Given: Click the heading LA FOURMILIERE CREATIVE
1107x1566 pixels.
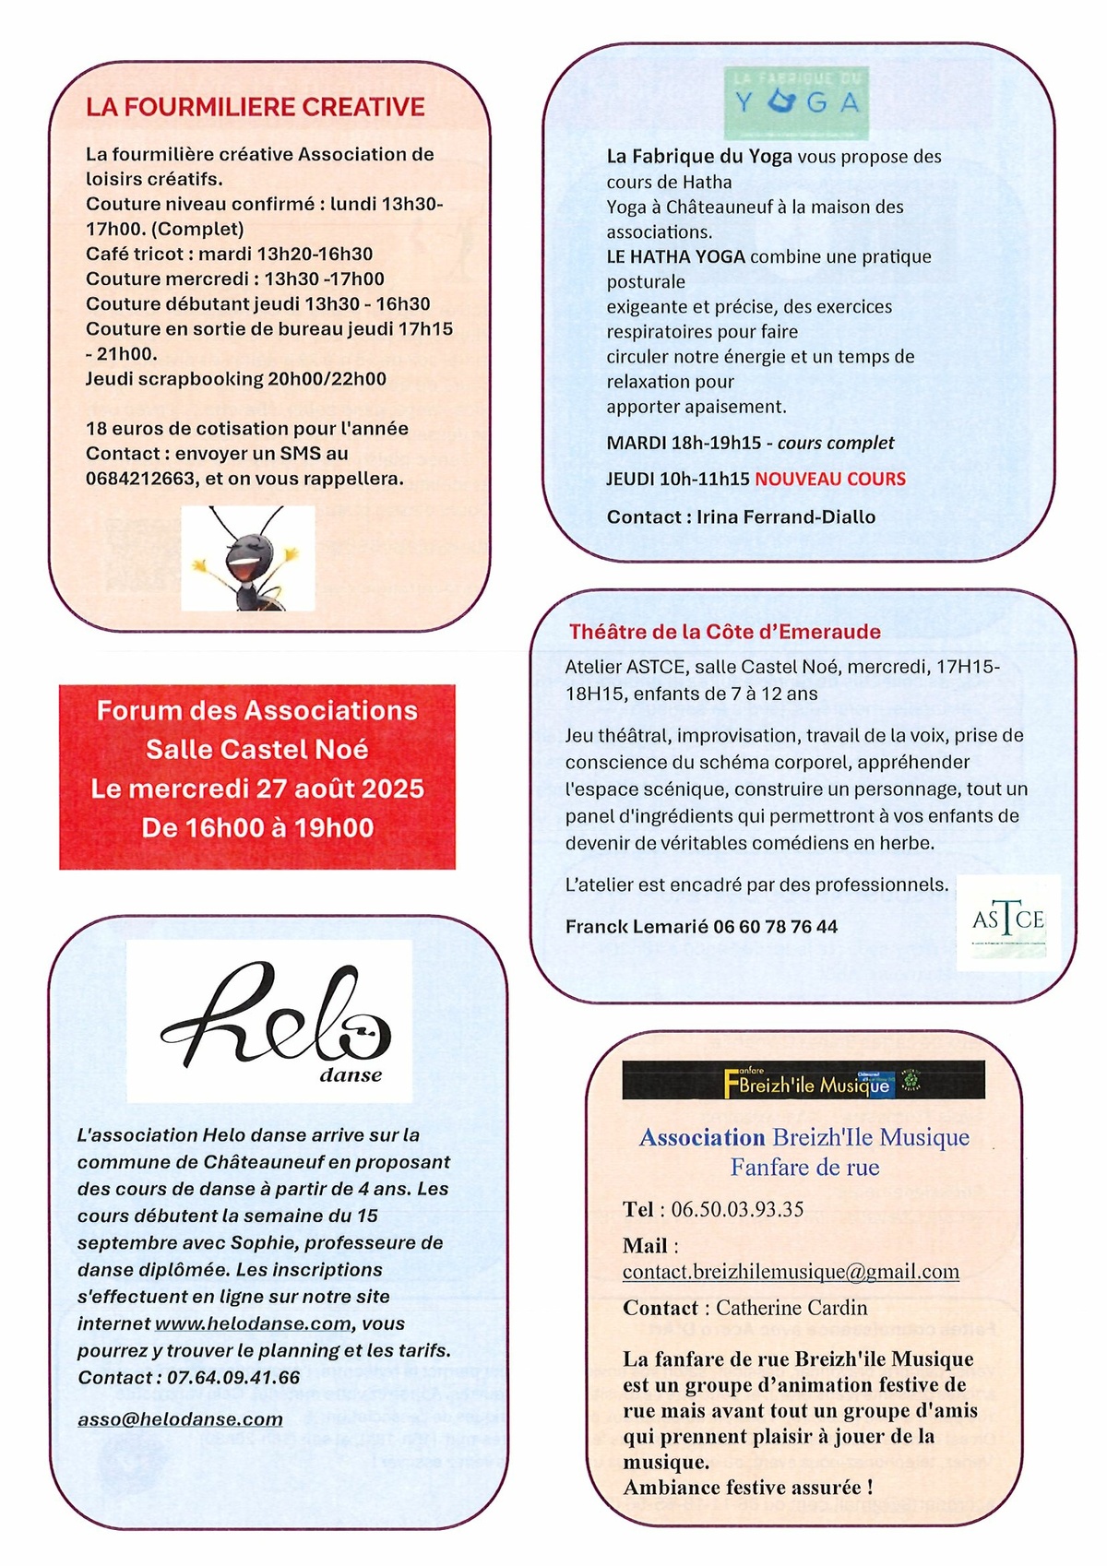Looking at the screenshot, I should pos(256,107).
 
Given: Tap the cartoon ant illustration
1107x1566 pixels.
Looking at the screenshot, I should pos(247,559).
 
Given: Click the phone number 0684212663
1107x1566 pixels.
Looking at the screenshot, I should pos(140,479).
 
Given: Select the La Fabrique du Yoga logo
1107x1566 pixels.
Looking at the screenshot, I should pos(796,101).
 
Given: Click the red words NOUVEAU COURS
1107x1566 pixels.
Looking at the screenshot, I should pos(830,479).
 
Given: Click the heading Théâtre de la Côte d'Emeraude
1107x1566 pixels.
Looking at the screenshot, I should pos(724,632).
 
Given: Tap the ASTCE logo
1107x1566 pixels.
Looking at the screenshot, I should pos(1008,920).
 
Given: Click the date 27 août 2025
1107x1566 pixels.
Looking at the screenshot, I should pos(339,789).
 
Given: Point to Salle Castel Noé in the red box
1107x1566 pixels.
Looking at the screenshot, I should pos(257,749).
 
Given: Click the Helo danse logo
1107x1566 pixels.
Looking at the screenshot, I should pos(269,1021).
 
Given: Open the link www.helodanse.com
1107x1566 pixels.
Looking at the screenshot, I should pos(253,1323).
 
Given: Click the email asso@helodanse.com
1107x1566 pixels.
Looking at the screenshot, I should pos(180,1419).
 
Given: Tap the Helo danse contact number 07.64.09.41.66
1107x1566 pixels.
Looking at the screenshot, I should pos(233,1377).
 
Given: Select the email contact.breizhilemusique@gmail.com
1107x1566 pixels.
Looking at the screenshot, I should pos(791,1272).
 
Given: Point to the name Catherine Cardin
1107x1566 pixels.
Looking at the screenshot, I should pos(792,1308).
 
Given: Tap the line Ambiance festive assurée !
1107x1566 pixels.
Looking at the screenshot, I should pos(748,1488).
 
